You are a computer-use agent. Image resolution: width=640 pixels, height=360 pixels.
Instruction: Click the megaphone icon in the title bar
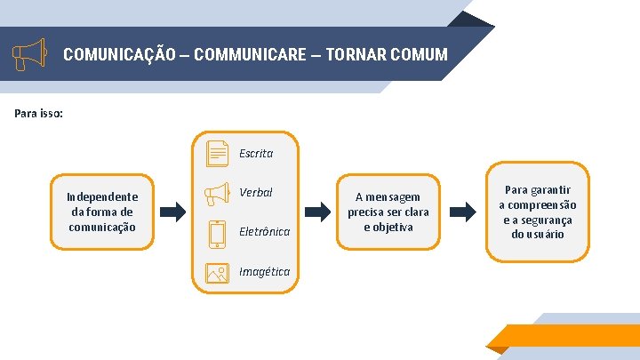29,54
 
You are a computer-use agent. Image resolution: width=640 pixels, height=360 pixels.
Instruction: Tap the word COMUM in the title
417,55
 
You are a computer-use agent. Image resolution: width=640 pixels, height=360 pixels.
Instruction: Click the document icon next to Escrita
217,153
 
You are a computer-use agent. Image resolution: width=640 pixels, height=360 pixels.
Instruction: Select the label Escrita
256,153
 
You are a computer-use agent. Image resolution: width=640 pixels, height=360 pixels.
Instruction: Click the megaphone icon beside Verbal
217,193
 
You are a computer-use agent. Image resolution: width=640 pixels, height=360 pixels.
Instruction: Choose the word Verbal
256,193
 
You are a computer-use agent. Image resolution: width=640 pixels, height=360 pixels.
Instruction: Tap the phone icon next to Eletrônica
217,232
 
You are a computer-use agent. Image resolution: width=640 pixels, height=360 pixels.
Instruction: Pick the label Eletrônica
265,232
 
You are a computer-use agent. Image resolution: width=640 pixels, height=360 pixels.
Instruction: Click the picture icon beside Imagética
217,272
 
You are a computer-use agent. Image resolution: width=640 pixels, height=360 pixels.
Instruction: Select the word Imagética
265,272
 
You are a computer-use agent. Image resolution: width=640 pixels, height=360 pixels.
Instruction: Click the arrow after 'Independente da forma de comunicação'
173,212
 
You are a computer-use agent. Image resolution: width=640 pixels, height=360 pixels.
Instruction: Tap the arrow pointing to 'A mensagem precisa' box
316,212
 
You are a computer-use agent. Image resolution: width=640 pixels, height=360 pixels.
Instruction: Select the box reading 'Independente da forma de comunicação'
102,212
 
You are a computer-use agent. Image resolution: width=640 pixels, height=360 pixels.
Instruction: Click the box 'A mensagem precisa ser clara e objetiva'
388,212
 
